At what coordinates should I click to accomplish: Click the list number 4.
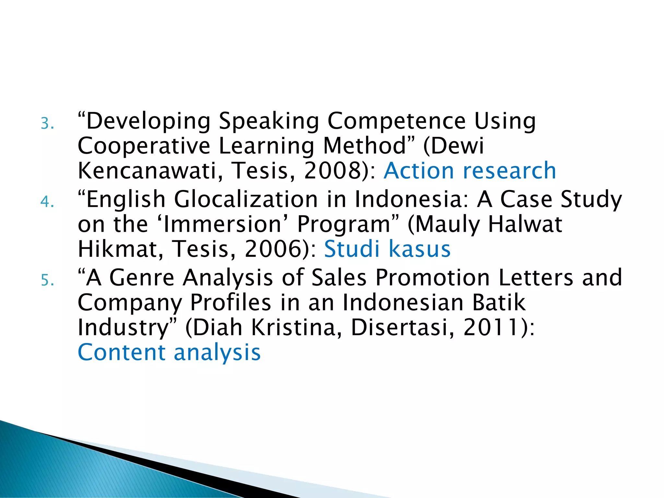pyautogui.click(x=47, y=202)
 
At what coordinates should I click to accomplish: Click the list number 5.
pyautogui.click(x=47, y=280)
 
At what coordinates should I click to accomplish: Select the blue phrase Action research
pyautogui.click(x=470, y=171)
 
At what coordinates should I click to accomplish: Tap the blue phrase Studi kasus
pyautogui.click(x=387, y=249)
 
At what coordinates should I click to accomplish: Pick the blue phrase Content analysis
pyautogui.click(x=169, y=352)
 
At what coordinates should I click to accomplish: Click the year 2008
pyautogui.click(x=332, y=171)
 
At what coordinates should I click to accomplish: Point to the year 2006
pyautogui.click(x=273, y=249)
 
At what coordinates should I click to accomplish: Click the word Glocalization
pyautogui.click(x=246, y=199)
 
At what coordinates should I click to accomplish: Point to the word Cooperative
pyautogui.click(x=144, y=146)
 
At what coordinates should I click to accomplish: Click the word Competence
pyautogui.click(x=397, y=121)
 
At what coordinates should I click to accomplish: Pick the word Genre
pyautogui.click(x=142, y=278)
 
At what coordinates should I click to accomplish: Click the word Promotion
pyautogui.click(x=433, y=278)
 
